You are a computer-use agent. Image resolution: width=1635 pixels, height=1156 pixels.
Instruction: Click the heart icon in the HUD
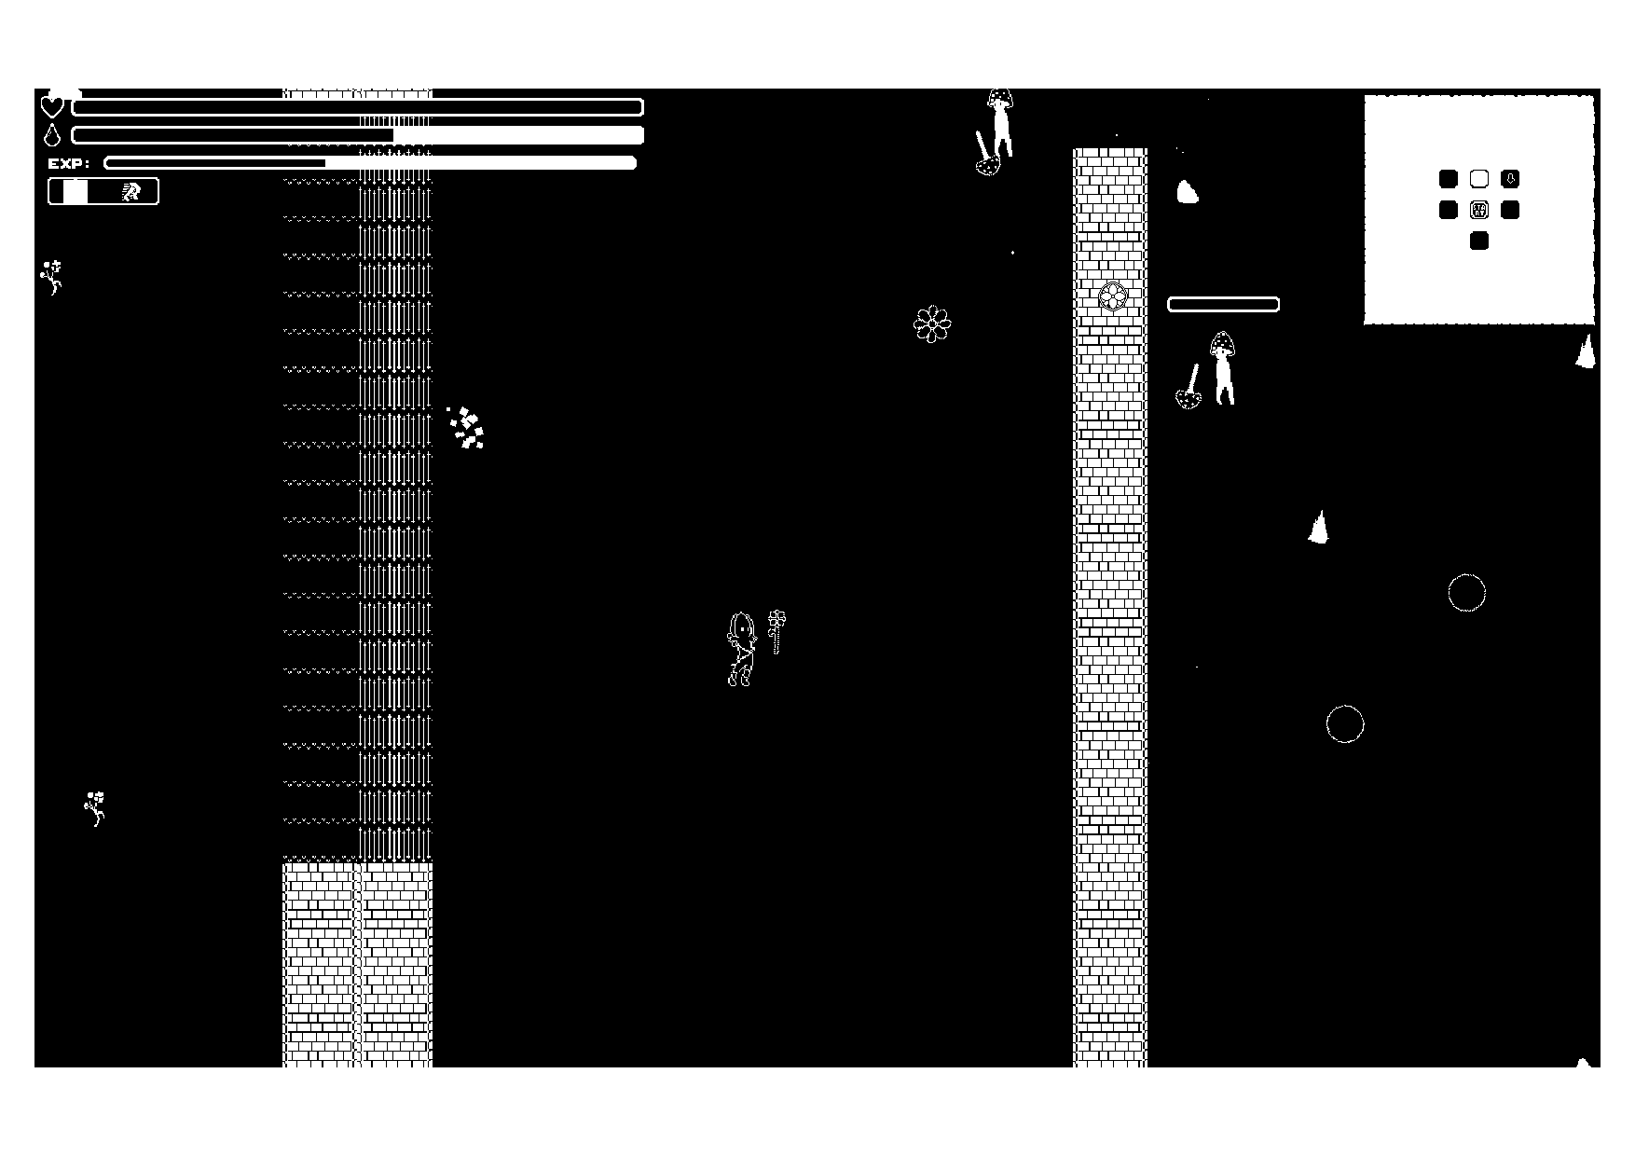click(x=52, y=106)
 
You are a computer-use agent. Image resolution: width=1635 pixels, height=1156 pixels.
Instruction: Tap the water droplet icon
click(x=51, y=135)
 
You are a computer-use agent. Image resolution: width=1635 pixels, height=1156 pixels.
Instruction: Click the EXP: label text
click(x=69, y=163)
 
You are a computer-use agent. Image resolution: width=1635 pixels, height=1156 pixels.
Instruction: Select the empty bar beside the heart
click(x=357, y=107)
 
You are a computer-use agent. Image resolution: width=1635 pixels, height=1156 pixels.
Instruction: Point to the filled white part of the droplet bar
click(x=518, y=135)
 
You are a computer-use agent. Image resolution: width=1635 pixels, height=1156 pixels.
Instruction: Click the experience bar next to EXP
click(x=370, y=163)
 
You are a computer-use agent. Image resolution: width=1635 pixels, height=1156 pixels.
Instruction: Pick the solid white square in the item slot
click(x=76, y=192)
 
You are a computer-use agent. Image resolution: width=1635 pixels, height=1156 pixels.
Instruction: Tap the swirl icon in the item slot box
click(x=131, y=192)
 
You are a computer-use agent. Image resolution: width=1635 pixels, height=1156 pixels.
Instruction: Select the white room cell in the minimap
click(x=1479, y=179)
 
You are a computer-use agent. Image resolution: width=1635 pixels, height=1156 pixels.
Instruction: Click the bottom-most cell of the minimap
click(x=1479, y=241)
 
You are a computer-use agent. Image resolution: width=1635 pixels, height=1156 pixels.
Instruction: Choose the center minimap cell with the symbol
click(x=1479, y=210)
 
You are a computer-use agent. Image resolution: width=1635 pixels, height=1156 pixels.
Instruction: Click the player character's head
click(x=742, y=627)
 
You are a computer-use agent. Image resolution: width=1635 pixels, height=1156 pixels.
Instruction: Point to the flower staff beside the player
click(x=776, y=630)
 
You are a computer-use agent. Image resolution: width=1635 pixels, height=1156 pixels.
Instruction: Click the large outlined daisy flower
click(x=932, y=323)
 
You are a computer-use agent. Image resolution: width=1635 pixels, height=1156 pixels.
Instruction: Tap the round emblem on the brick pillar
click(x=1112, y=297)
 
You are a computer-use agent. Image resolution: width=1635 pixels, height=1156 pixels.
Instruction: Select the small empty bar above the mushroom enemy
click(x=1223, y=304)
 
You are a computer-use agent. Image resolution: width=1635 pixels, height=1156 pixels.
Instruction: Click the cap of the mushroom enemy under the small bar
click(x=1223, y=344)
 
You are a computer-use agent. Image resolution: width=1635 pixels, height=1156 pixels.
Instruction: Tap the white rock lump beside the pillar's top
click(x=1187, y=192)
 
